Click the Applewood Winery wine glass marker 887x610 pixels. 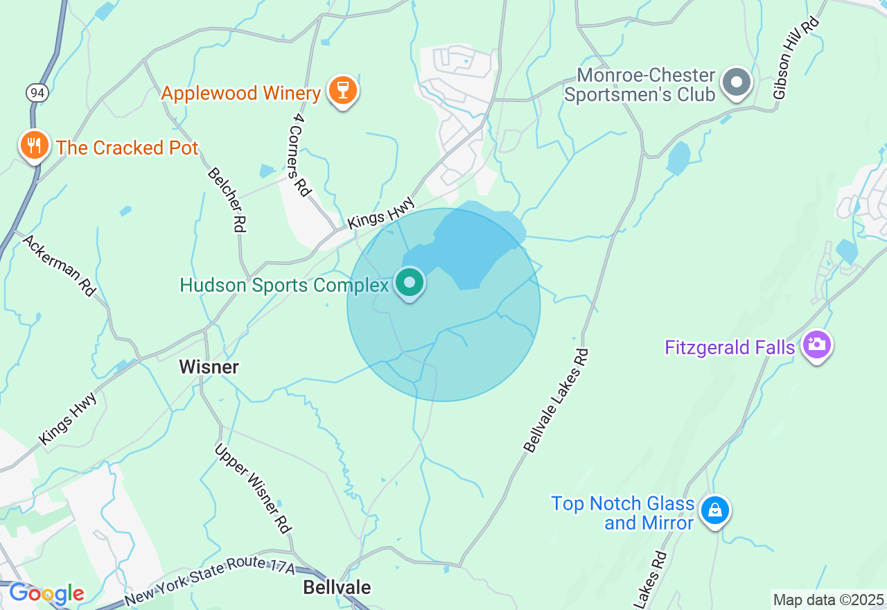[x=342, y=90]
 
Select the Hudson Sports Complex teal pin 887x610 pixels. [x=410, y=283]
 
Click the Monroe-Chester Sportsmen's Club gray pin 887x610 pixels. [x=736, y=83]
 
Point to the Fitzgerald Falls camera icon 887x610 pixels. [x=817, y=345]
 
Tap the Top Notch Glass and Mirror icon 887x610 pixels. [x=714, y=512]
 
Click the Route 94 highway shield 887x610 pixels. [x=37, y=91]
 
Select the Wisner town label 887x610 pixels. [x=209, y=367]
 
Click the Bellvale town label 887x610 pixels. [x=337, y=588]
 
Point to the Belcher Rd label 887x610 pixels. [x=227, y=200]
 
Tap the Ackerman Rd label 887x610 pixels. [x=59, y=265]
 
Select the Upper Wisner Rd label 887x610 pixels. [x=252, y=488]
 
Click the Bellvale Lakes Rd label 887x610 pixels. [x=556, y=401]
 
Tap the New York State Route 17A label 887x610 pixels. [x=210, y=581]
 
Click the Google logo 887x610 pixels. [x=46, y=594]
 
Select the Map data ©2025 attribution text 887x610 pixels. [x=828, y=600]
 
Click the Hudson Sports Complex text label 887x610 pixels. [x=284, y=285]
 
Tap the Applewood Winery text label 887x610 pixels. [x=241, y=93]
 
